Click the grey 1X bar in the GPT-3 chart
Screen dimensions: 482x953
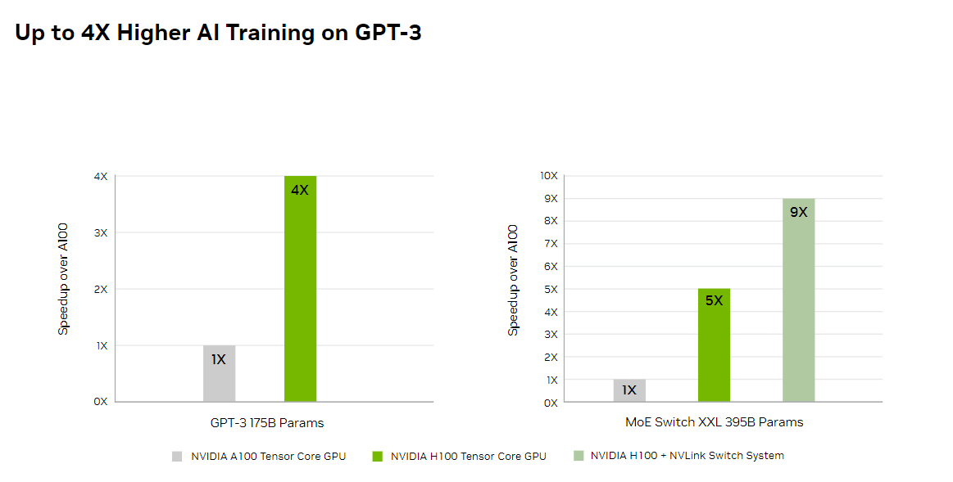(219, 374)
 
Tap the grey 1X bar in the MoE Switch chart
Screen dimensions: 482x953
(629, 391)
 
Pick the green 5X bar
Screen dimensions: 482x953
(714, 345)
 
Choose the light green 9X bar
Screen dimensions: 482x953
(799, 300)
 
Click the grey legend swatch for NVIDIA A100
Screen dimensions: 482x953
(177, 457)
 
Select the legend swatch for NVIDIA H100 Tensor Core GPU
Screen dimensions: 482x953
(377, 457)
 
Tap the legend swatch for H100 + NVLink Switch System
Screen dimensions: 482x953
(579, 456)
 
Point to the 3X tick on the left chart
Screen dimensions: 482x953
(101, 233)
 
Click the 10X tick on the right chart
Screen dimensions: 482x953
(547, 176)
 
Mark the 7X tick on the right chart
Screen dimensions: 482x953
(550, 244)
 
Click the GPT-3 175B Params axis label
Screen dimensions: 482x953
(267, 423)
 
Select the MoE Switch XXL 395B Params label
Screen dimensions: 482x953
(714, 422)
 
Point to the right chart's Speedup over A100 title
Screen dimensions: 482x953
(514, 279)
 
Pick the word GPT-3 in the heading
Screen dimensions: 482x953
(388, 33)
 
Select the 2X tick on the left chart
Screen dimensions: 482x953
(101, 290)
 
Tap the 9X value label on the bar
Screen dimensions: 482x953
(799, 212)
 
